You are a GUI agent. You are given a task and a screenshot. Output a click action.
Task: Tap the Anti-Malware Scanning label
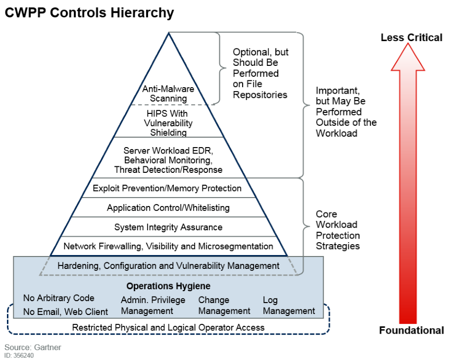[x=168, y=94]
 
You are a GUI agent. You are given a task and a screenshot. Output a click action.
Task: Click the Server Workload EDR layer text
[x=168, y=159]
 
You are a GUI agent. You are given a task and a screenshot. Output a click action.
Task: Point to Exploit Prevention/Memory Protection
[x=167, y=188]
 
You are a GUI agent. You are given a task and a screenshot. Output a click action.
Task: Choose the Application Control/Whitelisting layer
[x=168, y=208]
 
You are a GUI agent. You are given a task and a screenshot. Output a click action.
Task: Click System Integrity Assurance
[x=168, y=227]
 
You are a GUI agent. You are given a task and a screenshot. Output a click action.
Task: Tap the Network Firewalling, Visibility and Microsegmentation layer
[x=168, y=246]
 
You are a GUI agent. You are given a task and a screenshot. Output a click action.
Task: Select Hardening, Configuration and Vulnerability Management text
[x=168, y=266]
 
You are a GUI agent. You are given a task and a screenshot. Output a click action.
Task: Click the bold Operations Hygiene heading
[x=168, y=286]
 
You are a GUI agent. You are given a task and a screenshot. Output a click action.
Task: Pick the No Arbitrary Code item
[x=59, y=298]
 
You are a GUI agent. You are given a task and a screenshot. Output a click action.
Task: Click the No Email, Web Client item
[x=66, y=311]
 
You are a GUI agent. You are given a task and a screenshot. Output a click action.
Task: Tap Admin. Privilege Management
[x=153, y=306]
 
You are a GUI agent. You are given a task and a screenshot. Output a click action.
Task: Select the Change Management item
[x=224, y=306]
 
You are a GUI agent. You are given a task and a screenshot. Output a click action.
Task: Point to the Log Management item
[x=289, y=306]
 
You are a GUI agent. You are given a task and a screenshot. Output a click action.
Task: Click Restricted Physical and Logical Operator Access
[x=168, y=327]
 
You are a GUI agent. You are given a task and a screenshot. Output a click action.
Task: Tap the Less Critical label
[x=411, y=38]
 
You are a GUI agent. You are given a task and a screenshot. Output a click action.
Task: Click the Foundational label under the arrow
[x=411, y=330]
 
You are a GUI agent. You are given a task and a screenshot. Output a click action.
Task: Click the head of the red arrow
[x=408, y=57]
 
